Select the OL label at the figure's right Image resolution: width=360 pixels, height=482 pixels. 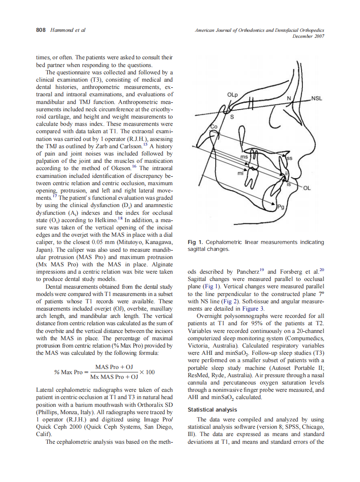click(x=307, y=188)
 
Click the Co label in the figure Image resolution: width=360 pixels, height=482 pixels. click(x=214, y=126)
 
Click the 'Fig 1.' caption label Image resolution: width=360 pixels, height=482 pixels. click(x=195, y=242)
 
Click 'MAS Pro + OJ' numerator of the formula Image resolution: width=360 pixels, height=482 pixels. click(x=114, y=367)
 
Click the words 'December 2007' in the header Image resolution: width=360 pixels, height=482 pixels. click(x=308, y=36)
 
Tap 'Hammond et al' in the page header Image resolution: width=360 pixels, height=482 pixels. click(x=68, y=30)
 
